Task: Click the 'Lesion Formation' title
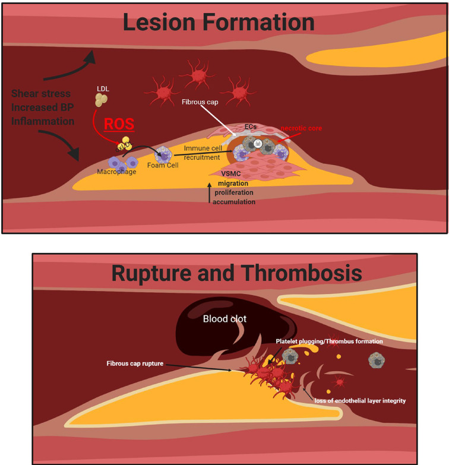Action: click(x=218, y=22)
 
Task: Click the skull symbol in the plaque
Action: click(x=257, y=144)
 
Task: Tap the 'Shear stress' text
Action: click(x=40, y=93)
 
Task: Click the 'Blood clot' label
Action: click(x=224, y=319)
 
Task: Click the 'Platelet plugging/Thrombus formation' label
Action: click(x=330, y=341)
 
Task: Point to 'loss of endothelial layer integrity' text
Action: click(x=361, y=401)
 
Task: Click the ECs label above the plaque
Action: click(x=250, y=127)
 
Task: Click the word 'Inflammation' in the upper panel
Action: click(x=43, y=121)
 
